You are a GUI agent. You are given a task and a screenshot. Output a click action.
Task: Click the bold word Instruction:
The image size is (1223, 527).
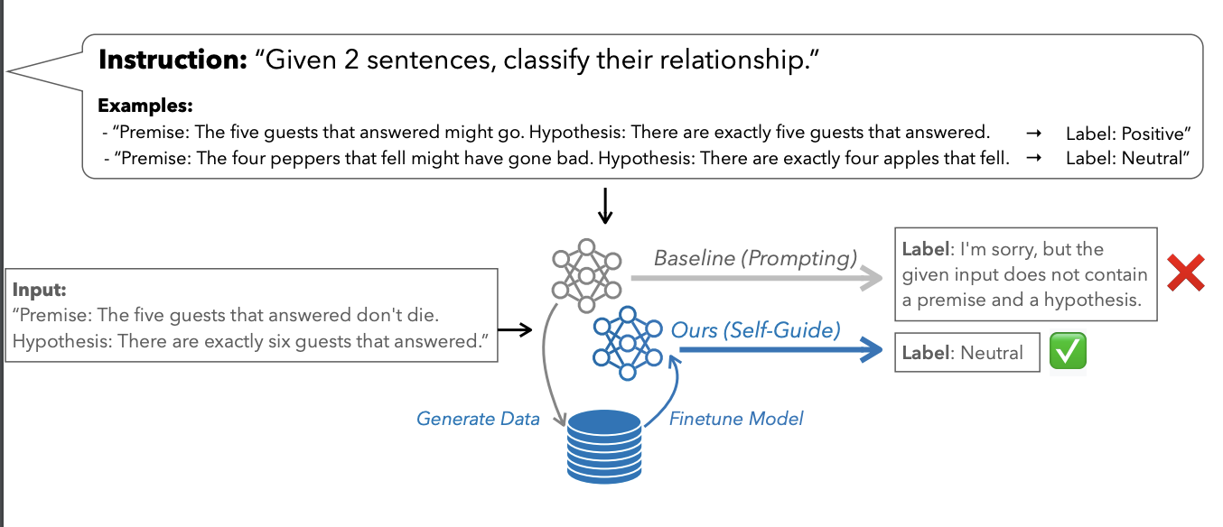click(172, 60)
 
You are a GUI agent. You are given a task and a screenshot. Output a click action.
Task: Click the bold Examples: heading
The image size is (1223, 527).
click(145, 106)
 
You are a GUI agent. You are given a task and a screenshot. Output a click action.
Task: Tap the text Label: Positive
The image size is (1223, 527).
click(1128, 134)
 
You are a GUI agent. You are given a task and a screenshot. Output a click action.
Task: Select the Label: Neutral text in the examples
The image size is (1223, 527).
click(1125, 159)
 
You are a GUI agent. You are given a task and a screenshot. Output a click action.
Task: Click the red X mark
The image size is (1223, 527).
click(1185, 273)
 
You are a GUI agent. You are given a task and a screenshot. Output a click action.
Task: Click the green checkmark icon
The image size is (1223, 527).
click(1068, 352)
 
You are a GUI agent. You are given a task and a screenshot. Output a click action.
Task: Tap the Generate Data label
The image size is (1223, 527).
click(478, 419)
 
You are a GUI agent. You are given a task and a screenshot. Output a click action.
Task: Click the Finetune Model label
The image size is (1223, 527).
click(736, 419)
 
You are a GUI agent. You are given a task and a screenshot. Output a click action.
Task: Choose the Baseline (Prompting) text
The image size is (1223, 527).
click(755, 259)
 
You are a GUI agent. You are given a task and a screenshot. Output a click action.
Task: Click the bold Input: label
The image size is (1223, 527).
click(40, 291)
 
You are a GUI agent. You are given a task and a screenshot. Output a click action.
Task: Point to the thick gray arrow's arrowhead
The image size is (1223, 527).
click(871, 278)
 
